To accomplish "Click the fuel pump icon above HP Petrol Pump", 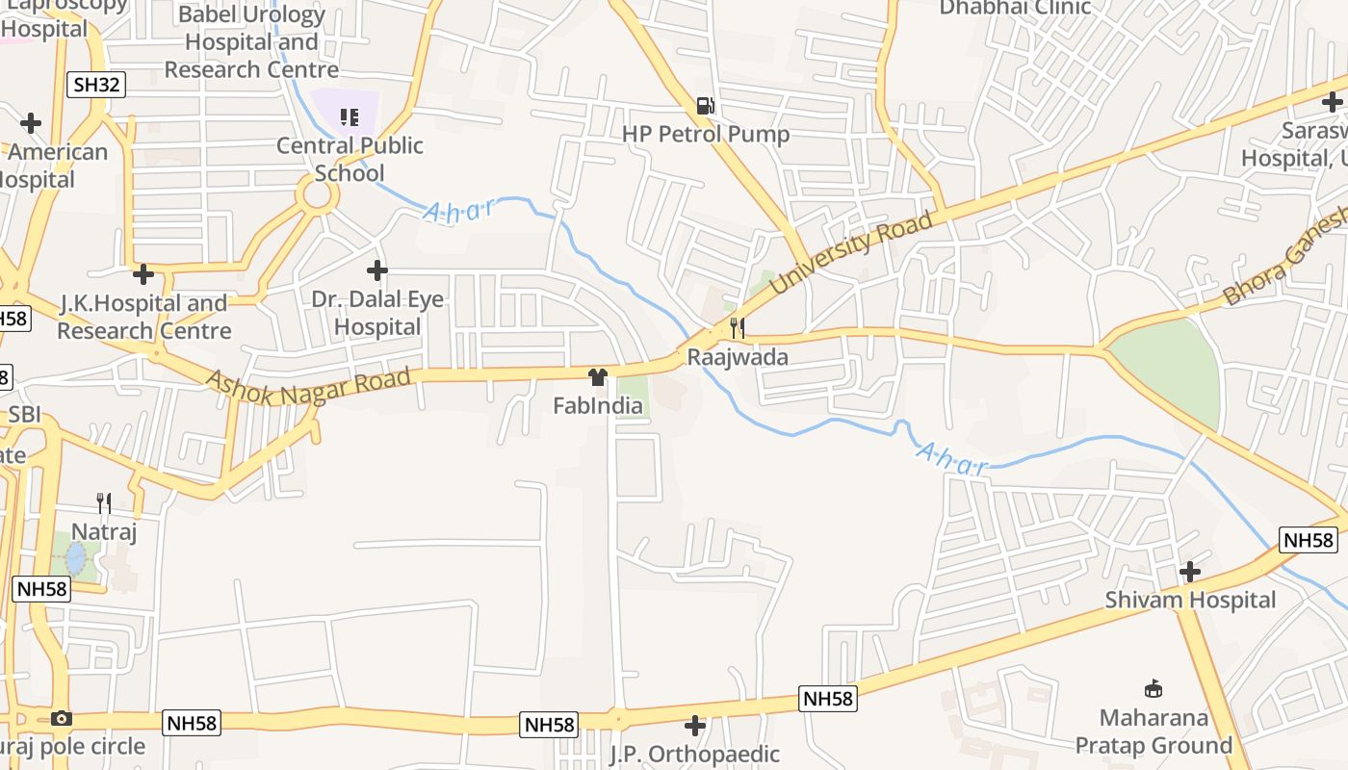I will (706, 105).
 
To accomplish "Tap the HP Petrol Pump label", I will (706, 134).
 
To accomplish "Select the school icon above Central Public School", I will (349, 117).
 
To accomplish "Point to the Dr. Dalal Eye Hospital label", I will (377, 313).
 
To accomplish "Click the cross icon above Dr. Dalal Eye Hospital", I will (377, 270).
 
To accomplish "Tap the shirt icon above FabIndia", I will (598, 376).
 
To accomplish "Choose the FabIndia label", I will (598, 405).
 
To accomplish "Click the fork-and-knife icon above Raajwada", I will (738, 328).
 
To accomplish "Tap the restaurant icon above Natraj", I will (104, 502).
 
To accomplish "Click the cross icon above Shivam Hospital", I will (1190, 572).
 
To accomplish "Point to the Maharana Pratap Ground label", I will (1154, 731).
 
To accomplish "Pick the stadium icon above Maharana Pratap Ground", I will (1154, 688).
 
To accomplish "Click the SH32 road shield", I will (97, 85).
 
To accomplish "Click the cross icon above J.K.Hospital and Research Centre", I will (143, 274).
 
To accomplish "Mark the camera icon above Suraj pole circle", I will (62, 718).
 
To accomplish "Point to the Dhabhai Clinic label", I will (1015, 8).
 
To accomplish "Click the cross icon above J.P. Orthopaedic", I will (695, 725).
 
